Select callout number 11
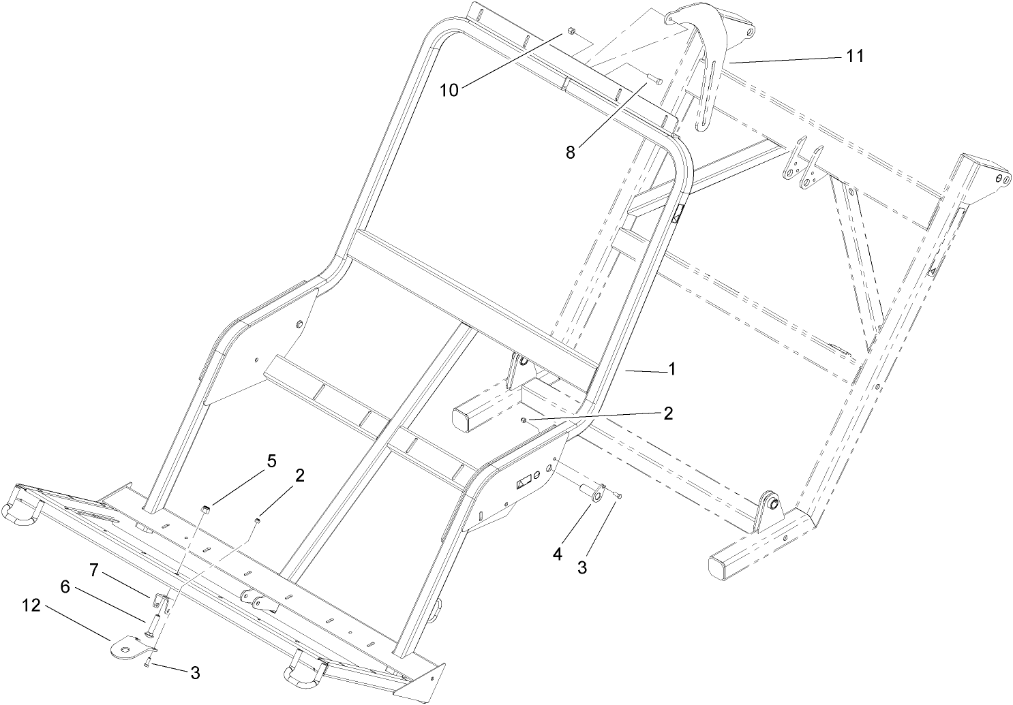(855, 57)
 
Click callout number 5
(271, 461)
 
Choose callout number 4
(558, 554)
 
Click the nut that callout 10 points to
(571, 32)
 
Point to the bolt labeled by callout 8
(655, 80)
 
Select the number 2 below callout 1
(668, 413)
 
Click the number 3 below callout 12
(195, 673)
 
